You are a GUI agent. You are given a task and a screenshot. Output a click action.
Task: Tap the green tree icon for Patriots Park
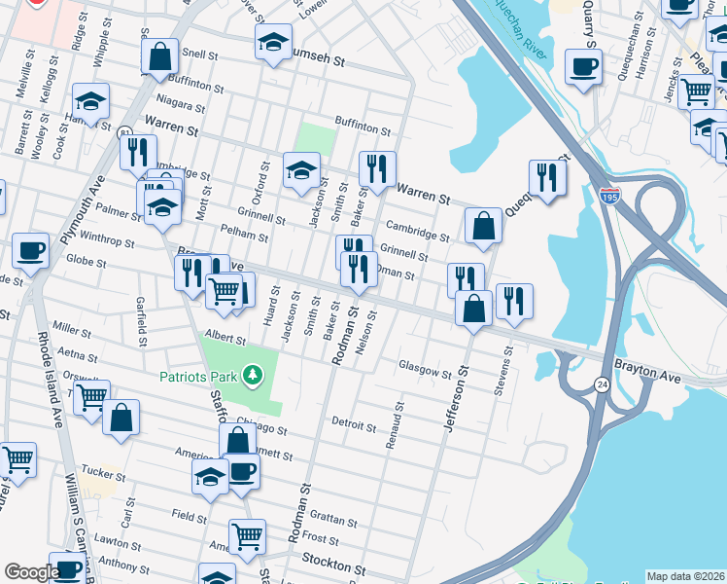tap(253, 375)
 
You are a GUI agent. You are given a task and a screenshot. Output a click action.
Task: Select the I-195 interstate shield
tap(610, 199)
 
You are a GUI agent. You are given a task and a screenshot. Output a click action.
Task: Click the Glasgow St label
tap(426, 370)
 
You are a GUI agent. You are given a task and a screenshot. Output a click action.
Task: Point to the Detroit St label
tap(354, 425)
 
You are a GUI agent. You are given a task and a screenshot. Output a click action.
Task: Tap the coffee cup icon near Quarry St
tap(584, 68)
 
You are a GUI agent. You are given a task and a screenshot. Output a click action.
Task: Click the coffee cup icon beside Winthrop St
tap(30, 250)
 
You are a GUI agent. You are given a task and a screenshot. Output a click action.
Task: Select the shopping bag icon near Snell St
tap(159, 57)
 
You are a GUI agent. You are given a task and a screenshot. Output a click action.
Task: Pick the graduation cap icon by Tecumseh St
tap(274, 42)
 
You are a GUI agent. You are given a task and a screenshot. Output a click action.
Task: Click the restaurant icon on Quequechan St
tap(547, 177)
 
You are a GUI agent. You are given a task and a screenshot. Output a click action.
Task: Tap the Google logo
tap(31, 572)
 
